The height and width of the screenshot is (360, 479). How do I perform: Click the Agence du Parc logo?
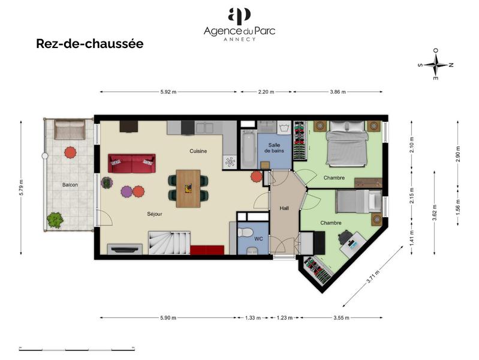(x=239, y=24)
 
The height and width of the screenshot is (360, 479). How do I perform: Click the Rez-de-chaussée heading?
(x=89, y=44)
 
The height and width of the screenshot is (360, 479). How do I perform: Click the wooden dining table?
(x=188, y=188)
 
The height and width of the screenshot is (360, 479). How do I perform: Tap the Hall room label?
(x=284, y=208)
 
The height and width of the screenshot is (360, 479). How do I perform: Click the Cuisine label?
(x=198, y=151)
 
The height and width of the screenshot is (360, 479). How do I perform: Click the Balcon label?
(x=70, y=185)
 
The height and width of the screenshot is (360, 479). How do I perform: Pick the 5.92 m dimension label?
(x=168, y=92)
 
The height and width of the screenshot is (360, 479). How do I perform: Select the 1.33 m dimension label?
(x=252, y=318)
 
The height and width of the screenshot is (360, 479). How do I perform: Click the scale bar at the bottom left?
(x=77, y=349)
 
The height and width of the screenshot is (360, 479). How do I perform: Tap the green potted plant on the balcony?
(x=55, y=220)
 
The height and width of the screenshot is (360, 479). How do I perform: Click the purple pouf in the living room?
(x=126, y=191)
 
